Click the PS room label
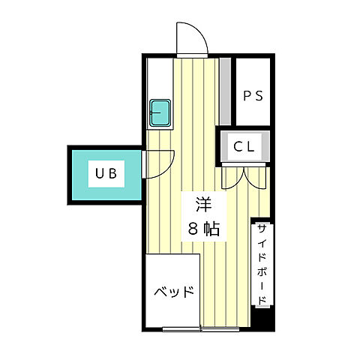[x=252, y=97]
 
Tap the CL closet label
[x=244, y=147]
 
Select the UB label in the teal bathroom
[x=105, y=174]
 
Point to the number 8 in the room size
[x=192, y=229]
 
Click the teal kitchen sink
[x=160, y=112]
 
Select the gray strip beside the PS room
[x=224, y=90]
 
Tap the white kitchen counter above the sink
[x=160, y=75]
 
